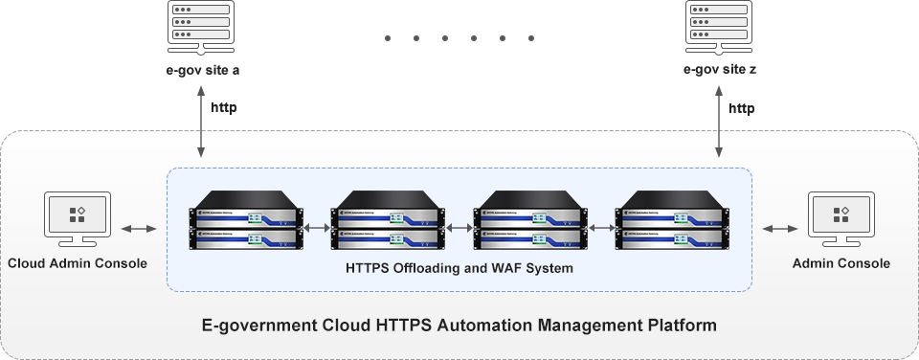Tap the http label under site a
(x=223, y=108)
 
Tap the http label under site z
(x=741, y=108)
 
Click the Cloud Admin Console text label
(x=78, y=263)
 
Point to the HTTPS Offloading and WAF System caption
(x=459, y=269)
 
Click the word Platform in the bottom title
(x=683, y=326)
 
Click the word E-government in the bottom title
(x=260, y=326)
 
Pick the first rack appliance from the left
(x=245, y=227)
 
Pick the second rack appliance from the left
(x=388, y=227)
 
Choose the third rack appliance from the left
(x=530, y=227)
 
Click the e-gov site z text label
(x=719, y=70)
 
